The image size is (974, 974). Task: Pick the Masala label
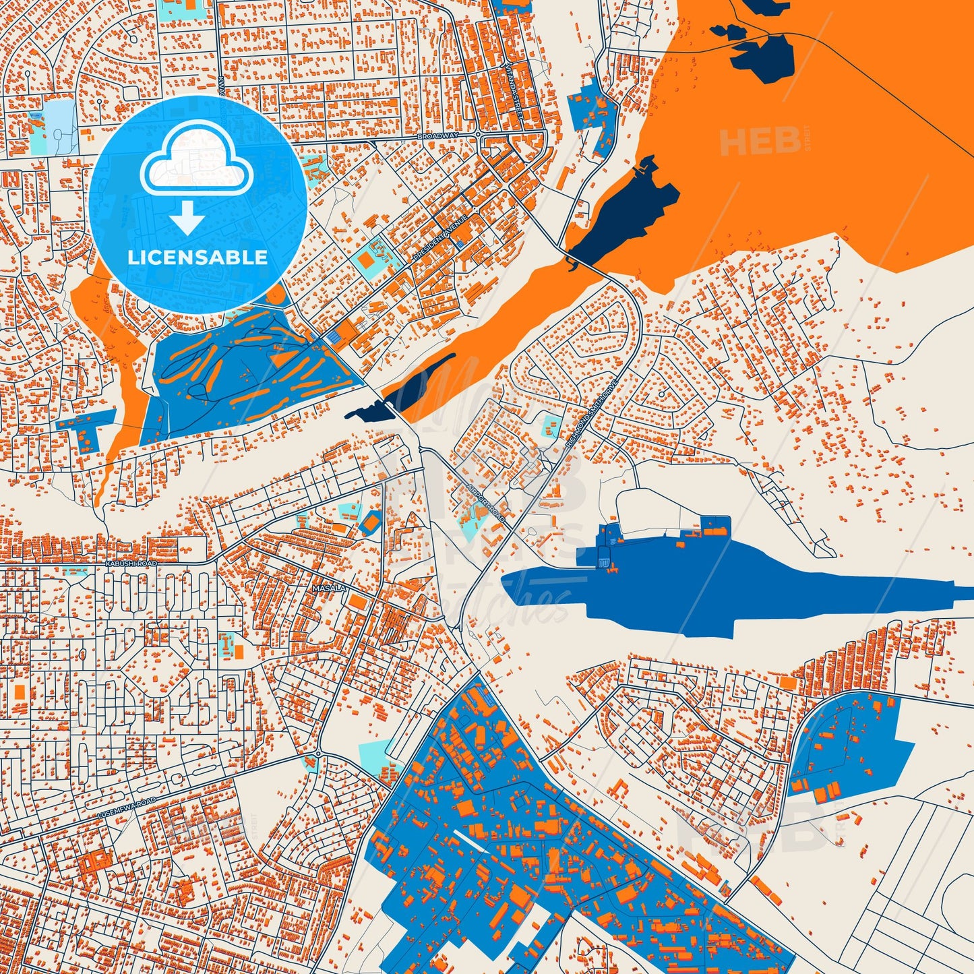[329, 588]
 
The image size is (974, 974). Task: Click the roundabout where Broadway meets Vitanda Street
[478, 134]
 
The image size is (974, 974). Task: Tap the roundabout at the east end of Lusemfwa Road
[317, 753]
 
